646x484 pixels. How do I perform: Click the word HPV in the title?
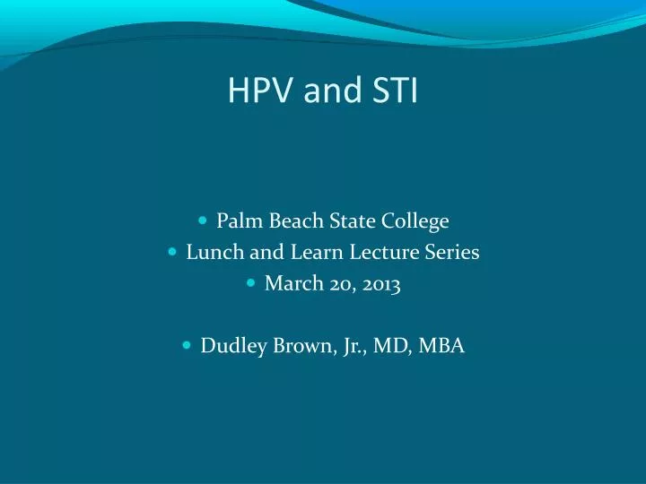[259, 90]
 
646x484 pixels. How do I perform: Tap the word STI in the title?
[395, 90]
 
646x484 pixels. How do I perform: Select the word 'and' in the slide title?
[332, 91]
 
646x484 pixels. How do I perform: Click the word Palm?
[240, 220]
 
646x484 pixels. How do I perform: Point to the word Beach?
[296, 220]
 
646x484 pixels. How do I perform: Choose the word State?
[352, 220]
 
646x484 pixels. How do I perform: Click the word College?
[415, 222]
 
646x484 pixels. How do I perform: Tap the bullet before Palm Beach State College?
[202, 220]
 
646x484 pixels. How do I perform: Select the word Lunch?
[214, 252]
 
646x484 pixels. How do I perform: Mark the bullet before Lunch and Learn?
[172, 251]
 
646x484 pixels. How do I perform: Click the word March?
[294, 283]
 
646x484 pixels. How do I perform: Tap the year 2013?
[381, 284]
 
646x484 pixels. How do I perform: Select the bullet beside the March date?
[251, 282]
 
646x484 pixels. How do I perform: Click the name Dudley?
[233, 346]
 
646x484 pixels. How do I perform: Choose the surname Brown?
[303, 346]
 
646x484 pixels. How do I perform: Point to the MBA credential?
[441, 345]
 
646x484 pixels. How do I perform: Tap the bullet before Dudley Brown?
[187, 344]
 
